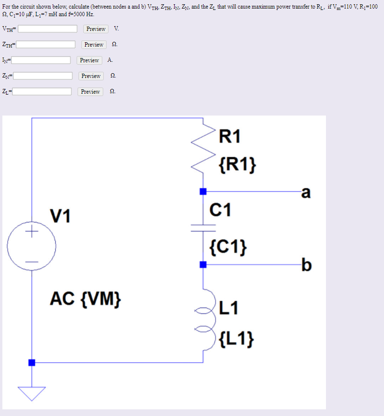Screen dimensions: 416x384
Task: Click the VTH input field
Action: coord(48,29)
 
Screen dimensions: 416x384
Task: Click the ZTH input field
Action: coord(46,45)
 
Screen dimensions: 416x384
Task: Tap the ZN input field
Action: coord(43,76)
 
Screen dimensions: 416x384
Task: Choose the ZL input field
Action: coord(42,92)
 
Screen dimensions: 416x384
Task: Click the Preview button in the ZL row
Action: coord(90,92)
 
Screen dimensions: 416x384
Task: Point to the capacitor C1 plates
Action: coord(203,227)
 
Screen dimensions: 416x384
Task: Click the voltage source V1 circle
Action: coord(31,246)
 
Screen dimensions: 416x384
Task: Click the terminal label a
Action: coord(306,192)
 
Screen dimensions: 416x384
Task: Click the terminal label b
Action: coord(306,264)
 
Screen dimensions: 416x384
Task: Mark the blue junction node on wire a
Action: coord(203,192)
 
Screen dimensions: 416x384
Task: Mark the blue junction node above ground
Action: coord(31,363)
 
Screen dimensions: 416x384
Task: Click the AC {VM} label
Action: coord(86,299)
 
